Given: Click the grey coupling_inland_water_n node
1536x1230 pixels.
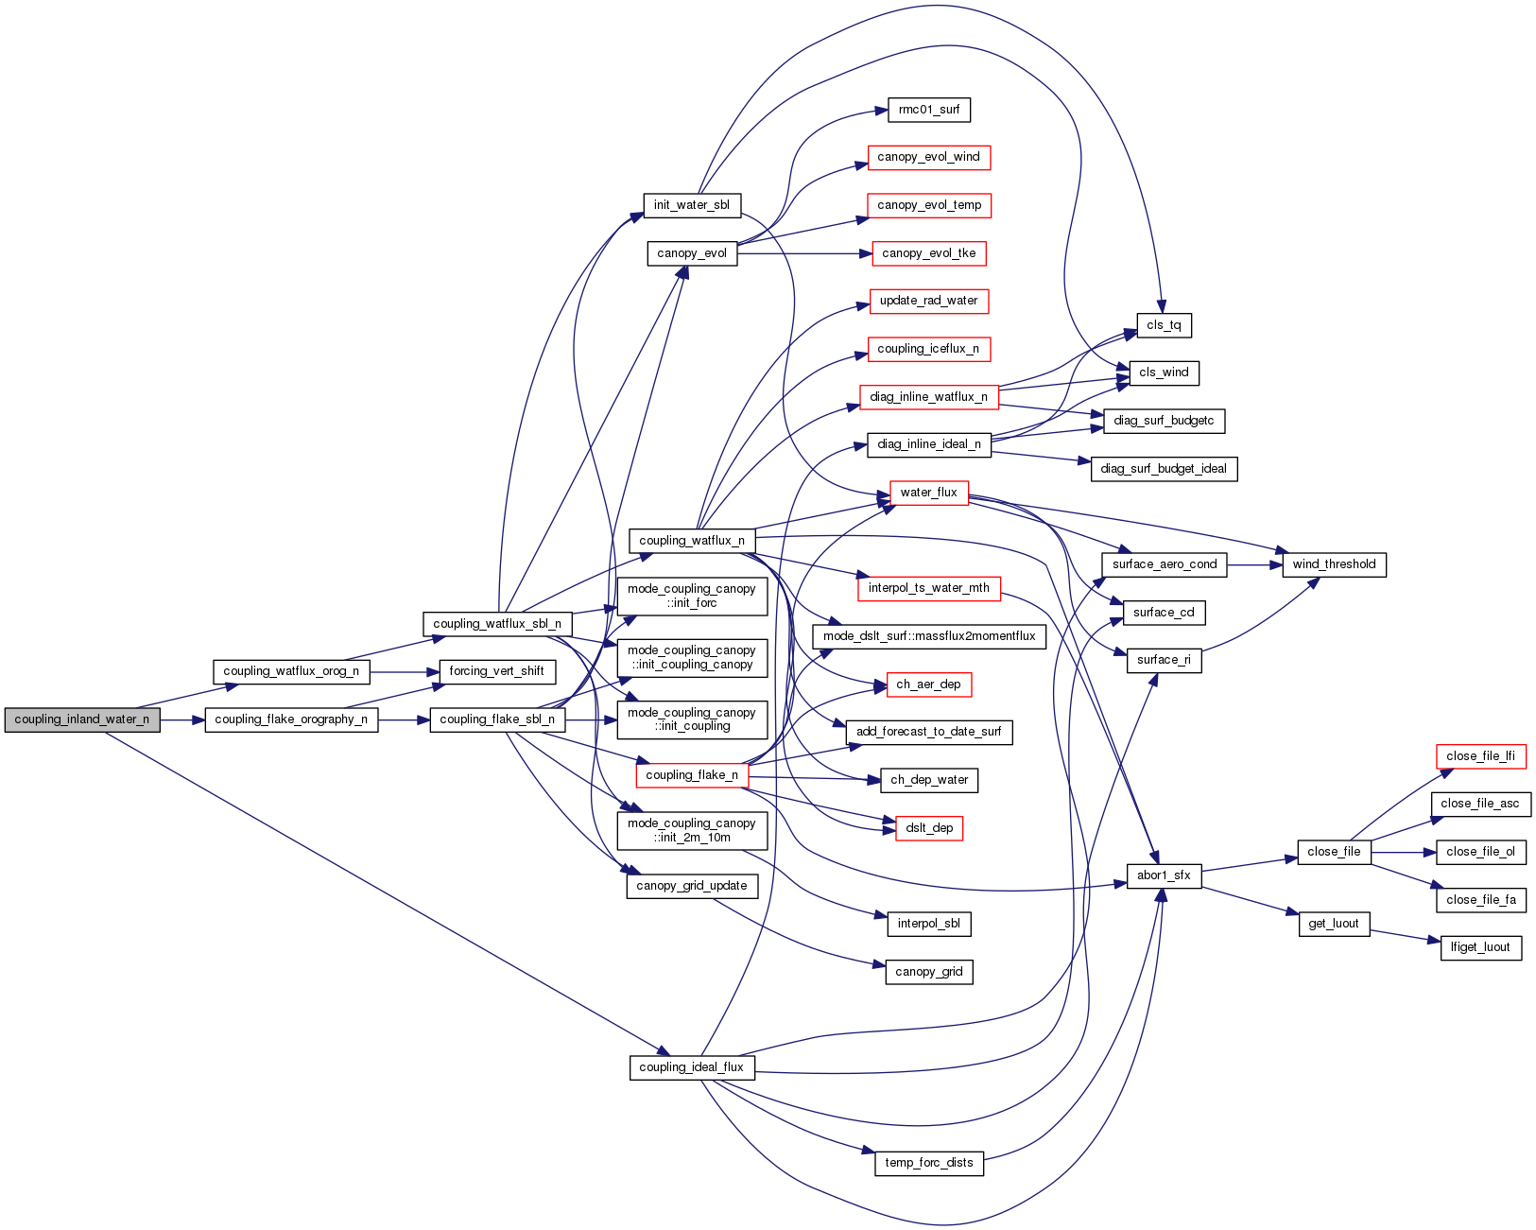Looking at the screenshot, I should point(82,719).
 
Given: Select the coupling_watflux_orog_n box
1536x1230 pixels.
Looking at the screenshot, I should point(291,671).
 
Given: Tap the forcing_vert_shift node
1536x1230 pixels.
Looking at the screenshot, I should point(496,671).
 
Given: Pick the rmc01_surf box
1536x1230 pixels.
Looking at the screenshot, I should point(928,110).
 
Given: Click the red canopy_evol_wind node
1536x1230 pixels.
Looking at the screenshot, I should point(928,157).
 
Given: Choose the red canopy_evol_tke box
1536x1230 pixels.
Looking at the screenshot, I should point(928,253).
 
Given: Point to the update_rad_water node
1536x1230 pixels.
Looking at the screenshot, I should point(928,301).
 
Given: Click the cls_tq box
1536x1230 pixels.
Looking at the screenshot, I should point(1164,325).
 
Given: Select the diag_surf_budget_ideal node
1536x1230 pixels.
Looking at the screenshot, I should point(1164,469).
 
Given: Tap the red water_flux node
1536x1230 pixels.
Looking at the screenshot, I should point(928,493).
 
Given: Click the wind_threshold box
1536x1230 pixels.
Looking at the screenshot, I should point(1334,564).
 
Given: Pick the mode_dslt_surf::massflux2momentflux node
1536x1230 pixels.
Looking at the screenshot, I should point(928,636).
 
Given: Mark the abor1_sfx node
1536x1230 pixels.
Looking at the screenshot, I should point(1164,875).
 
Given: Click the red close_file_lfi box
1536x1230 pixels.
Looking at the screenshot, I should point(1480,756).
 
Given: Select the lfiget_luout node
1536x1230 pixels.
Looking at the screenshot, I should point(1480,947).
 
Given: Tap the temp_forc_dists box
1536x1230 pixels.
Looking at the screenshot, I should point(928,1163).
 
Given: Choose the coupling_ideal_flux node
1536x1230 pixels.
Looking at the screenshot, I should point(692,1067).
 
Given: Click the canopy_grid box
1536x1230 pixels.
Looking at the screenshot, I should point(928,972).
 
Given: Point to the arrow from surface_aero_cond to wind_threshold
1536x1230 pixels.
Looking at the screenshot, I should point(1254,564).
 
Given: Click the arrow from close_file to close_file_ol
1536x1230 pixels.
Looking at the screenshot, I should point(1403,852).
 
